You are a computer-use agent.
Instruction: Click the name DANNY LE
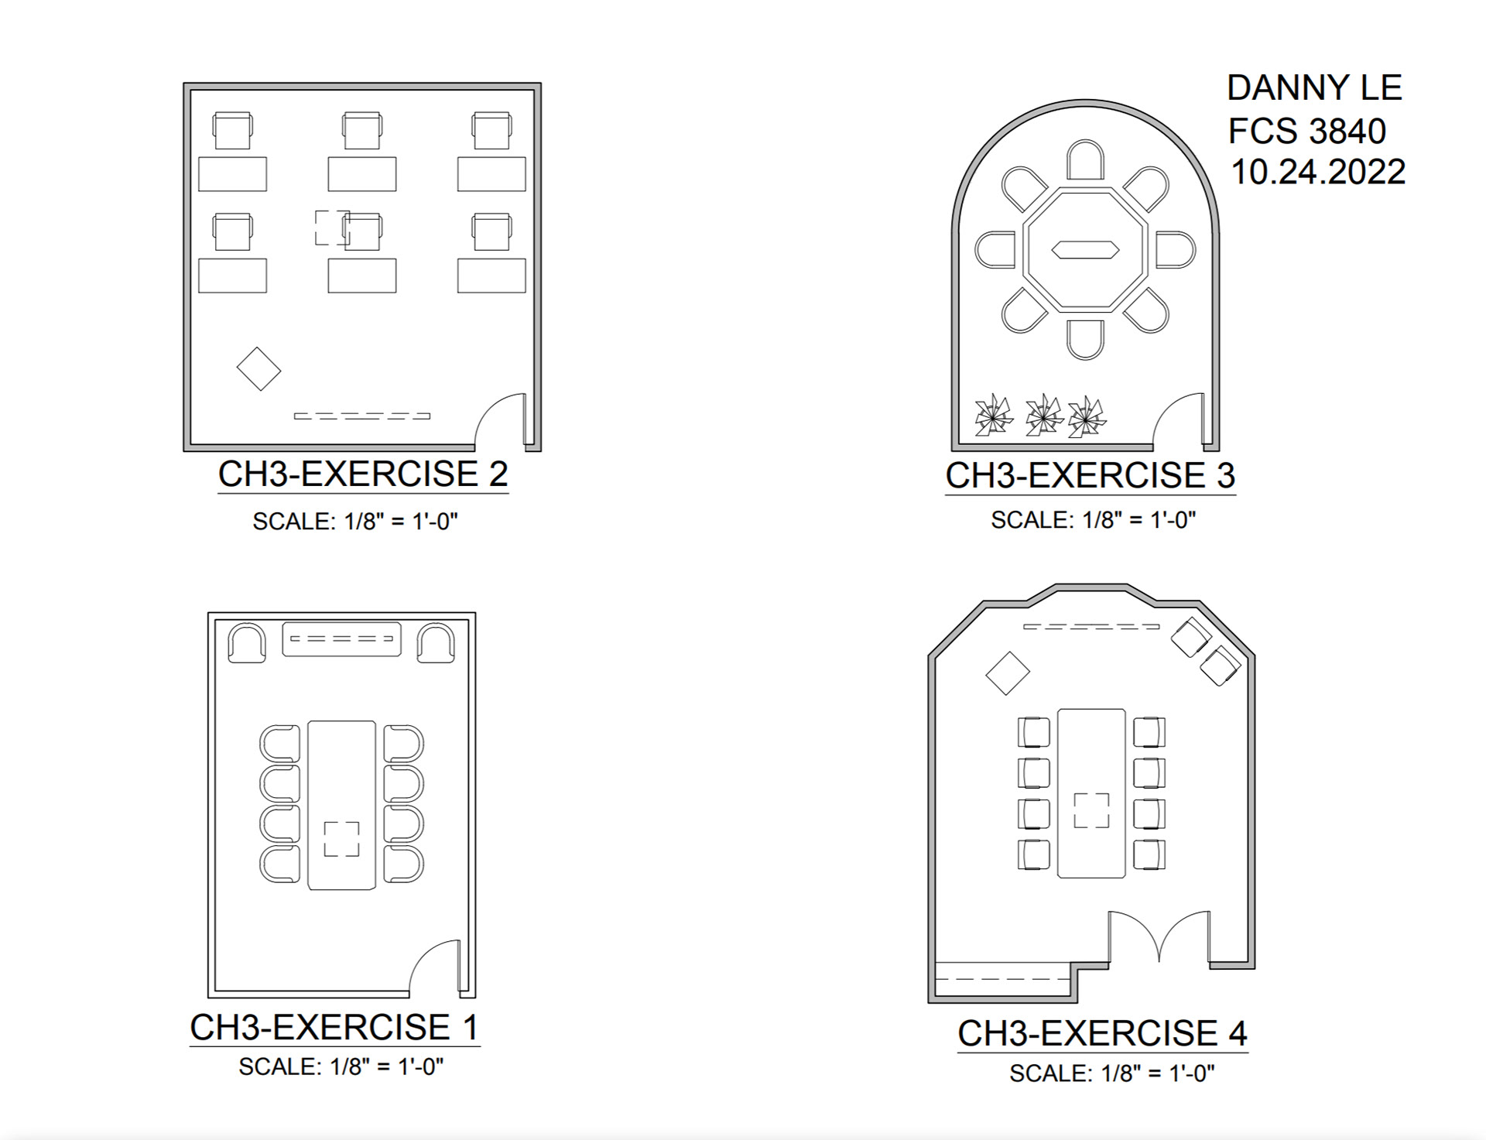[x=1314, y=88]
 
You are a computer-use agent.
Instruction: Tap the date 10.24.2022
[x=1317, y=172]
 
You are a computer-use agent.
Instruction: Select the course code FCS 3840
[x=1306, y=131]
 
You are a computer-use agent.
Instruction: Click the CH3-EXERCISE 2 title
[x=363, y=474]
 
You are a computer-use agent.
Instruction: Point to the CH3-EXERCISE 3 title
[x=1090, y=476]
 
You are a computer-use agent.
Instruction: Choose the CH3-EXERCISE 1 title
[x=334, y=1028]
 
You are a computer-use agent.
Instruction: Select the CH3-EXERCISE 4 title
[x=1102, y=1034]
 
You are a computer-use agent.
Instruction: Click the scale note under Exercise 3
[x=1093, y=520]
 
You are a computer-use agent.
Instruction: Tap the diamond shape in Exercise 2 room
[x=259, y=368]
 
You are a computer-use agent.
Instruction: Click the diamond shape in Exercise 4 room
[x=1007, y=673]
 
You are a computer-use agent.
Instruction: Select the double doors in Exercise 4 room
[x=1159, y=936]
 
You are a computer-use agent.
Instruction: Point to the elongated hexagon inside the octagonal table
[x=1084, y=249]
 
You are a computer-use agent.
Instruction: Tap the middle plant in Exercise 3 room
[x=1043, y=416]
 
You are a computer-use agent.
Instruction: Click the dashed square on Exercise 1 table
[x=341, y=839]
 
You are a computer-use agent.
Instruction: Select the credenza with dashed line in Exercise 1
[x=341, y=639]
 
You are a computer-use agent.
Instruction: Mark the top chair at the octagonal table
[x=1085, y=160]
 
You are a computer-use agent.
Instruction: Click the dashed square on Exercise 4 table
[x=1091, y=810]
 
